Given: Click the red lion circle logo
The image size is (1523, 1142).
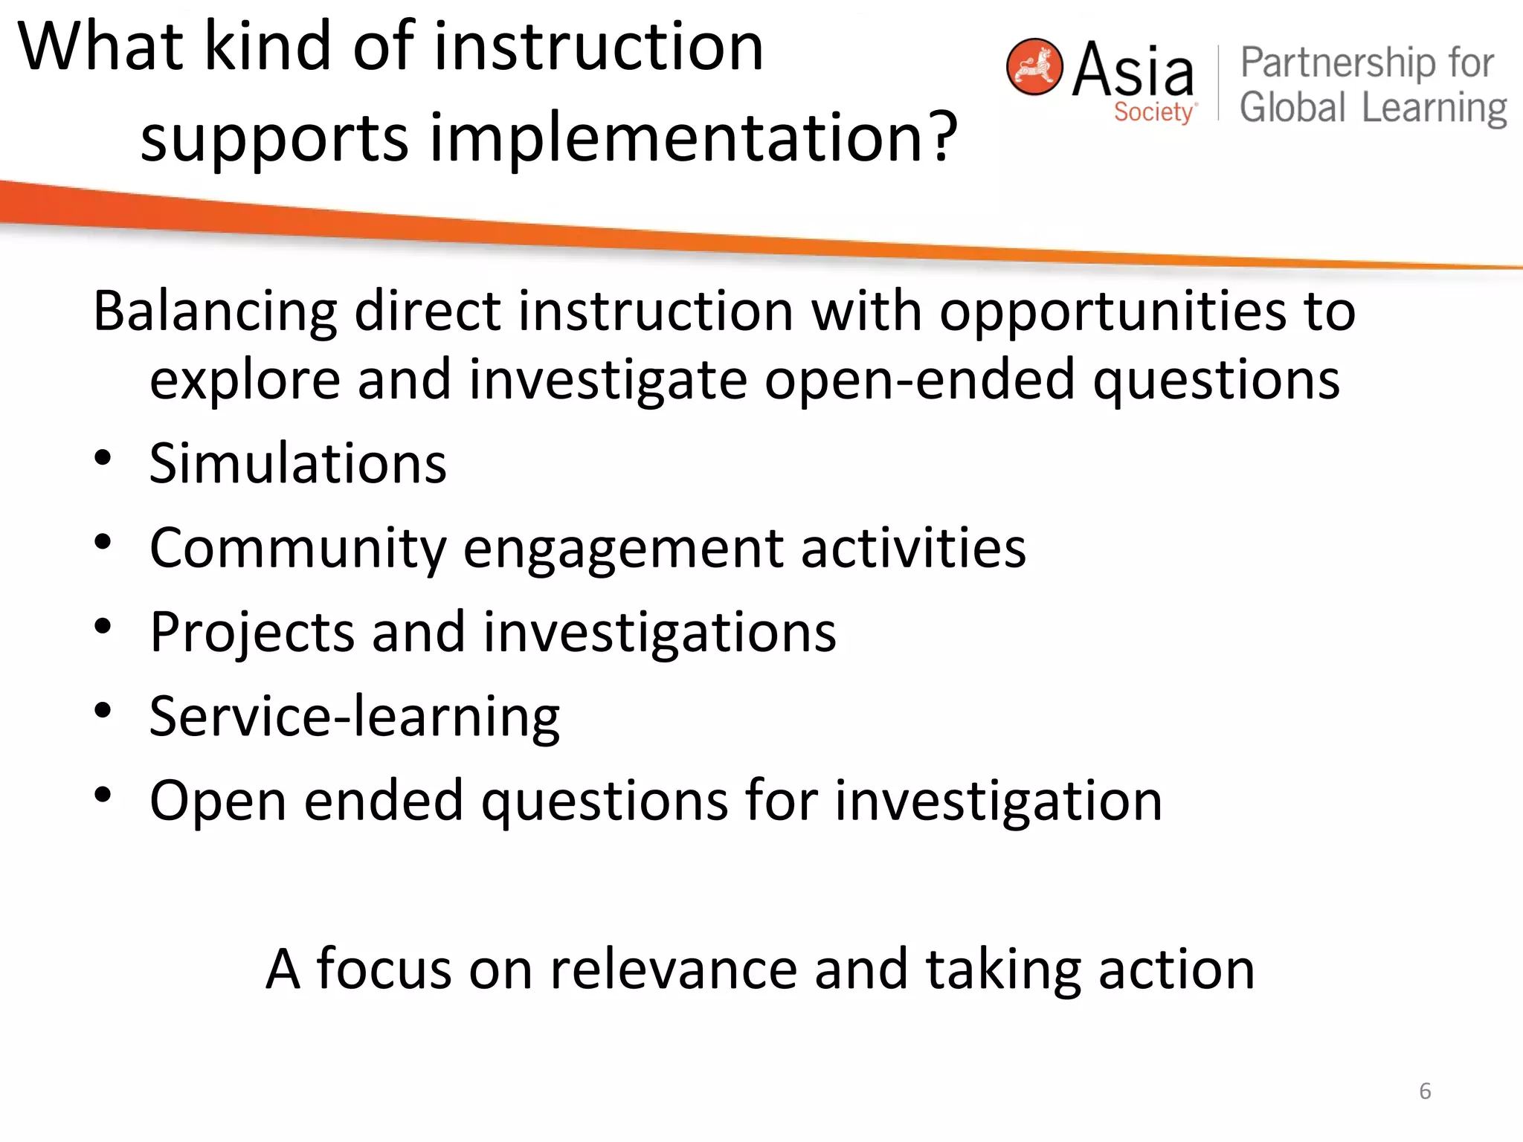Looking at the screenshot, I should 1034,67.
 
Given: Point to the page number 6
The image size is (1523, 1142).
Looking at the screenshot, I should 1425,1091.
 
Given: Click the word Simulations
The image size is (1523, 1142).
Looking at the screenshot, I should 297,464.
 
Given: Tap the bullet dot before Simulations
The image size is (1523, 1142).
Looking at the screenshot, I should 103,458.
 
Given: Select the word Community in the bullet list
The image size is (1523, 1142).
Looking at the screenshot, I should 297,549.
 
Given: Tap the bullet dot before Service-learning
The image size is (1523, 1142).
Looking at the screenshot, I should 103,711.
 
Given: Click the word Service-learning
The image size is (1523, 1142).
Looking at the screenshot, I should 354,717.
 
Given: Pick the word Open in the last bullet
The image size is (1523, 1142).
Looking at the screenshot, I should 218,801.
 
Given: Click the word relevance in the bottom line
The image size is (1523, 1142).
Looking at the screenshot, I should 672,970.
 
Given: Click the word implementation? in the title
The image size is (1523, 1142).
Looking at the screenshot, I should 694,138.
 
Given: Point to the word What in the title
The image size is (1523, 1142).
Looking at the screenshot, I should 100,46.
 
